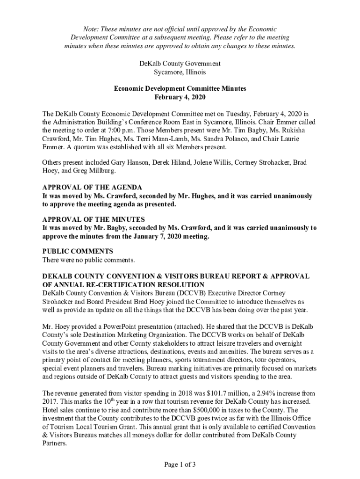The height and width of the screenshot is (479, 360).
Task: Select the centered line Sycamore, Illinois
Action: click(180, 73)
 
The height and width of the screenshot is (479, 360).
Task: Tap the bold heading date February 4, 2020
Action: click(180, 97)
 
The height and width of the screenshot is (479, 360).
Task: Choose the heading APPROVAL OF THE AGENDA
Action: click(92, 188)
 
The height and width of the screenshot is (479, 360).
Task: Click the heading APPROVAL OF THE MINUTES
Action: click(94, 219)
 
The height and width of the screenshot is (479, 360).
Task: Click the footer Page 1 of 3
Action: click(180, 464)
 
